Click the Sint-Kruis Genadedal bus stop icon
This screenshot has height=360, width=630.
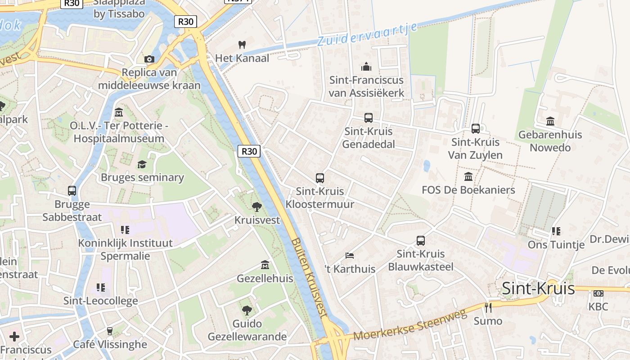369,118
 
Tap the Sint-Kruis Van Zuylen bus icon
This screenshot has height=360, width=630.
476,129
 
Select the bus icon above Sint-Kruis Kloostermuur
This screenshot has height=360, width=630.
320,178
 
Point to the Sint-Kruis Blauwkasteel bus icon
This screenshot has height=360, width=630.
421,241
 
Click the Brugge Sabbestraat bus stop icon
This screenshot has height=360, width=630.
72,191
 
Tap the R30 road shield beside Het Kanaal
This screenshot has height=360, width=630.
186,22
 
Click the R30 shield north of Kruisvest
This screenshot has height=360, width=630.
249,151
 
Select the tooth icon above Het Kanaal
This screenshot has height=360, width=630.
242,45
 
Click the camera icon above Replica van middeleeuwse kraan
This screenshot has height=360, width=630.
149,59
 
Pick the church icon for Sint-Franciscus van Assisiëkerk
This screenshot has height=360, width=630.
367,67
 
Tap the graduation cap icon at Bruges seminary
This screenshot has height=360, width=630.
142,164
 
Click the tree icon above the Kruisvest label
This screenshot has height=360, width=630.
257,207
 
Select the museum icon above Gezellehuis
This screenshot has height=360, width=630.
265,265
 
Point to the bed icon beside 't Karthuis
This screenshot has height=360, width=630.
350,256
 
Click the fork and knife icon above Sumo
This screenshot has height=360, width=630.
488,308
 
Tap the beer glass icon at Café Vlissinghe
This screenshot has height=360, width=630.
110,331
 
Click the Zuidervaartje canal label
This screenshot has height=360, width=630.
367,34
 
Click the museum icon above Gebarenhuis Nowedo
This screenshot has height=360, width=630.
550,121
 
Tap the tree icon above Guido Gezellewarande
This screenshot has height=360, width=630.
247,310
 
